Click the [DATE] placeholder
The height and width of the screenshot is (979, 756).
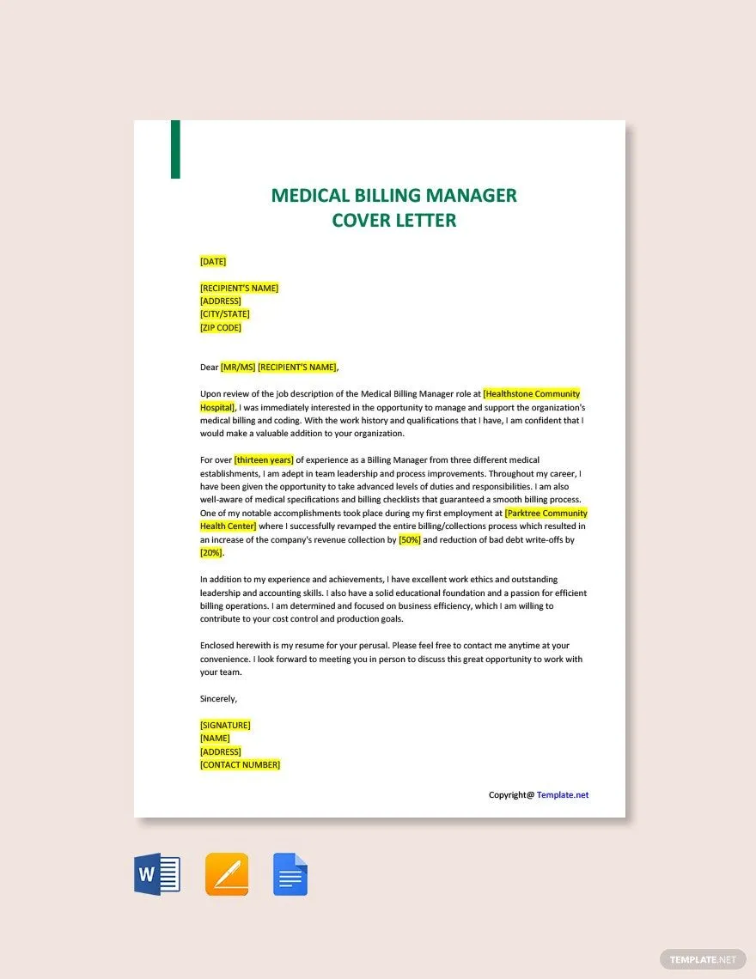tap(213, 261)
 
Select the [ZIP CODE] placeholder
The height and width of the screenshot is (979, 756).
tap(221, 327)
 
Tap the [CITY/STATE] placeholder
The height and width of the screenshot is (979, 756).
tap(225, 314)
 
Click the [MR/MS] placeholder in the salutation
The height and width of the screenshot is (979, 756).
tap(238, 368)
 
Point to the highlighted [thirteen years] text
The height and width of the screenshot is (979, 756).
tap(264, 460)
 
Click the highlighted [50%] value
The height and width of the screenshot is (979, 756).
tap(410, 540)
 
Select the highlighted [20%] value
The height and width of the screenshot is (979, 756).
tap(211, 553)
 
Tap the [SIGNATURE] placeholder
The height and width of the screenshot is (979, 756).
tap(225, 725)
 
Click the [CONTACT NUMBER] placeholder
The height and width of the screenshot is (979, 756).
tap(240, 765)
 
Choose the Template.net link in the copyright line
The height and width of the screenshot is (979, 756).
tap(563, 795)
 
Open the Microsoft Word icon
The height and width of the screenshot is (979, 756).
tap(157, 875)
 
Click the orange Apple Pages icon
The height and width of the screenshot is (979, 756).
tap(227, 875)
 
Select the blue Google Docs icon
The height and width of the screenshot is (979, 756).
tap(290, 875)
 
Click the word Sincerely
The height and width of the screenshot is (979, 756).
tap(218, 699)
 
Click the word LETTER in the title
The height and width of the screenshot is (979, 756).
tap(426, 221)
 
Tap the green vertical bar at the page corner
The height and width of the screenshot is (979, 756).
tap(175, 149)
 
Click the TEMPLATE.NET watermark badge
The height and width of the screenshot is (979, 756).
tap(703, 959)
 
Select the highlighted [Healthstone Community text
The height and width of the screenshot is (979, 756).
tap(532, 394)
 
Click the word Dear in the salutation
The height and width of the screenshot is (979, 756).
tap(209, 368)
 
